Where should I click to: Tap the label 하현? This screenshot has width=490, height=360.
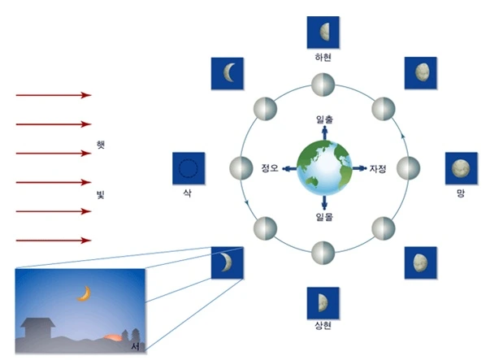(x=323, y=59)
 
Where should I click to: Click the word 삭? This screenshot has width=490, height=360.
(x=188, y=197)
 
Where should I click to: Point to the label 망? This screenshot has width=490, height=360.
(x=460, y=197)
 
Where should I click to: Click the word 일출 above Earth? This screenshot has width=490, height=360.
(x=324, y=119)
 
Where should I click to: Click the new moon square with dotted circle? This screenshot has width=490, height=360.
(x=188, y=169)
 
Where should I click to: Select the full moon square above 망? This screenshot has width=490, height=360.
(x=460, y=168)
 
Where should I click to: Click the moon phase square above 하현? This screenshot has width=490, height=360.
(x=323, y=33)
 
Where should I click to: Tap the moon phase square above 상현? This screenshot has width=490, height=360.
(x=323, y=302)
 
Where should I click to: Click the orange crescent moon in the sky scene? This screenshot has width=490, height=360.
(x=83, y=294)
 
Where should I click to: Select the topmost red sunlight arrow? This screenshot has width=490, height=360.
(x=53, y=95)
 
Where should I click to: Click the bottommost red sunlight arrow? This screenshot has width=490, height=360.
(x=53, y=241)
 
